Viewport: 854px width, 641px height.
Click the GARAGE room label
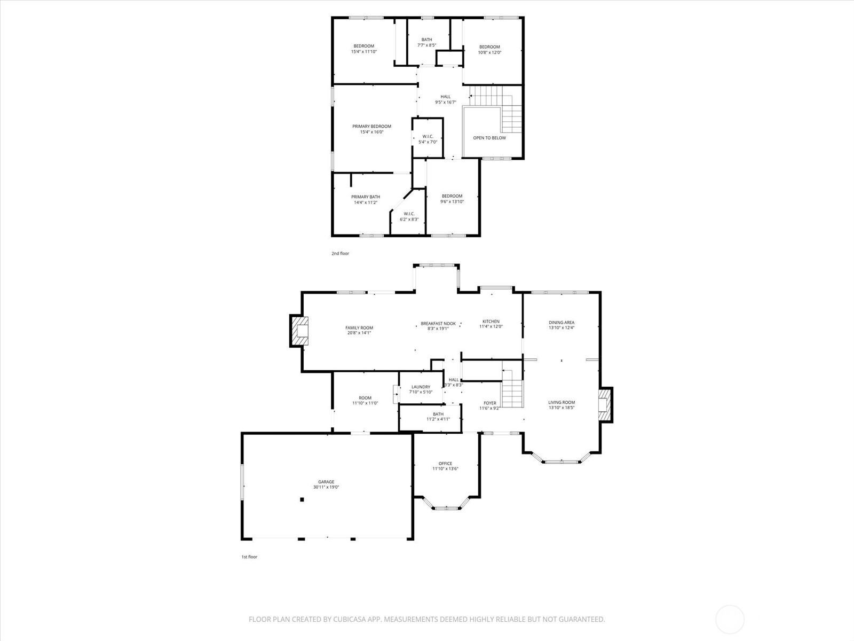tap(326, 482)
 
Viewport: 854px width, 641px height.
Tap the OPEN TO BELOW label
tap(489, 138)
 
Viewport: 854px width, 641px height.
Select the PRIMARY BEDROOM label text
tap(371, 126)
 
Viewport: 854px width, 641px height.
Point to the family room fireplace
tap(299, 331)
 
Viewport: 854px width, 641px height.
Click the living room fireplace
tap(605, 405)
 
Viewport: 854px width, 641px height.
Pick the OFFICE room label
tap(445, 464)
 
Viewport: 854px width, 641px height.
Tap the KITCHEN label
tap(491, 322)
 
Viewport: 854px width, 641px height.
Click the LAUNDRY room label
tap(421, 387)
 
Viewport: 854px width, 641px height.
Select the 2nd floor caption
tap(340, 253)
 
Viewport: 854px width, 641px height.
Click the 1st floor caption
tap(249, 557)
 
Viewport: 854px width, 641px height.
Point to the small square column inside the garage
tap(302, 499)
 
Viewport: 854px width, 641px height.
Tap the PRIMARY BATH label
tap(365, 197)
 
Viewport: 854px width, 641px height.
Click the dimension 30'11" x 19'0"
tap(326, 487)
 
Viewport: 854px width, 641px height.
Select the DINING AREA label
tap(562, 322)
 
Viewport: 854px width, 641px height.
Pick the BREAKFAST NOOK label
tap(438, 323)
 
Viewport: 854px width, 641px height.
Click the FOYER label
tap(490, 403)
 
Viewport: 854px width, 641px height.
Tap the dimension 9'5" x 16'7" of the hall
tap(446, 102)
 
